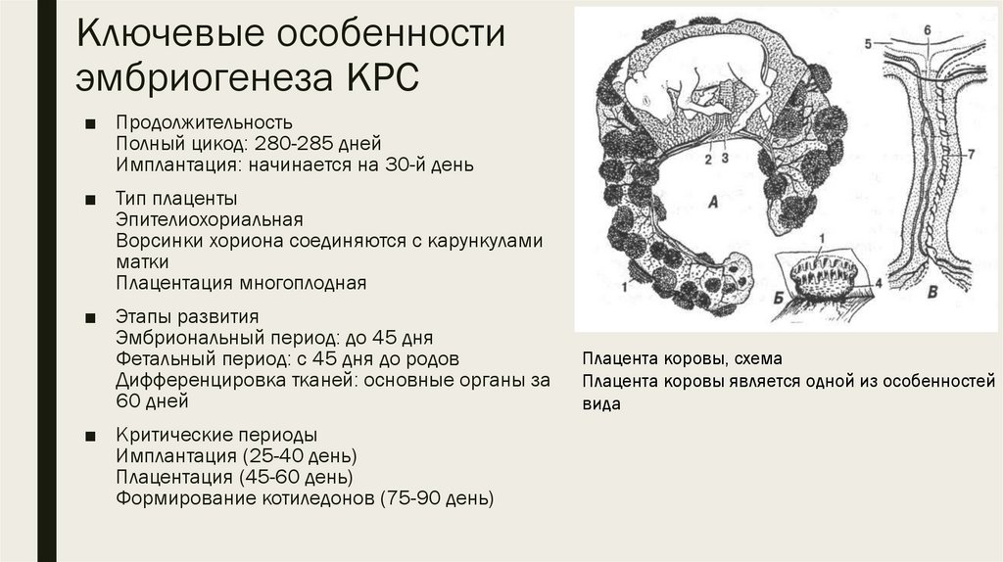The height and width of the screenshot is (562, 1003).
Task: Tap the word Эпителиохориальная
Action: coord(208,219)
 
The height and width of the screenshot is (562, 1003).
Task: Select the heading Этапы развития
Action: coord(186,317)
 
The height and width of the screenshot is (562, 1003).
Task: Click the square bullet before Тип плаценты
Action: coord(90,200)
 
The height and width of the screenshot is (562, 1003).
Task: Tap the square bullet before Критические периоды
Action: coord(90,435)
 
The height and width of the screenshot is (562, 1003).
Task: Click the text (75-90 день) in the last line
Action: coord(439,498)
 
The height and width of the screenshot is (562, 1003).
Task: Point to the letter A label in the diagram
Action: coord(713,203)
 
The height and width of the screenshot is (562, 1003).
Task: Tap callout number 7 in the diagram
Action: coord(970,154)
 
